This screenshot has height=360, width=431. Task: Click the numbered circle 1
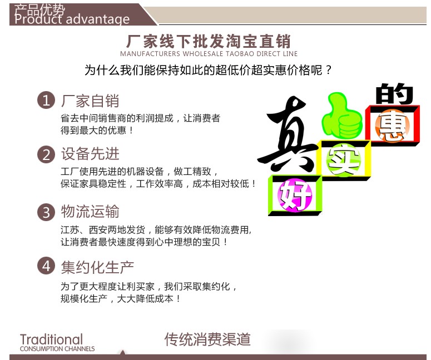coord(46,100)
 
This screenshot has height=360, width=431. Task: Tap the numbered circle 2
coord(46,154)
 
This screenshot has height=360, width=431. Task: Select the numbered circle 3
coord(46,212)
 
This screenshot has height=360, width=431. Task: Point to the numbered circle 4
coord(46,266)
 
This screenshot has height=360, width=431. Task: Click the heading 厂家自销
coord(90,101)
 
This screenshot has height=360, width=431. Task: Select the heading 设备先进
coord(90,153)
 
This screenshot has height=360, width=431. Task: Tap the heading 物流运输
coord(90,212)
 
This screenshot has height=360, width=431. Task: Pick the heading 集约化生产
coord(97,267)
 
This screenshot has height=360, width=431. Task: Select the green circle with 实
coord(344,159)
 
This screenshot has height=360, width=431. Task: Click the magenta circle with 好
coord(295,195)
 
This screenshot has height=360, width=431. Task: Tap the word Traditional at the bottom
coord(51,339)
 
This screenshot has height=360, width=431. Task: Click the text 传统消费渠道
coord(207,339)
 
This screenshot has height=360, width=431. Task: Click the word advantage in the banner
coord(97,20)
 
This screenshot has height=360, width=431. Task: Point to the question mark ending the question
coord(328,71)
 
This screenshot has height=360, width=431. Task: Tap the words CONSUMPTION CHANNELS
coord(57,349)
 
